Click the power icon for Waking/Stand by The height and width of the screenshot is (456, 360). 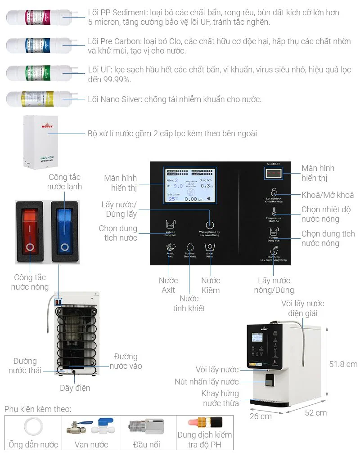coord(209,224)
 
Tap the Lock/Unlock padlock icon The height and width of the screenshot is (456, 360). coord(273,192)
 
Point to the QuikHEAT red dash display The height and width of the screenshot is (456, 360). coord(273,173)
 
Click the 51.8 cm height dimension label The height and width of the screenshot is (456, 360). coord(343,364)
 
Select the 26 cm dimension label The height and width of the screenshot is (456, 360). coord(261,416)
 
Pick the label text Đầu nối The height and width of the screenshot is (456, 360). coord(147,444)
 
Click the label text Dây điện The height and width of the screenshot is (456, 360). coord(75,388)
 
